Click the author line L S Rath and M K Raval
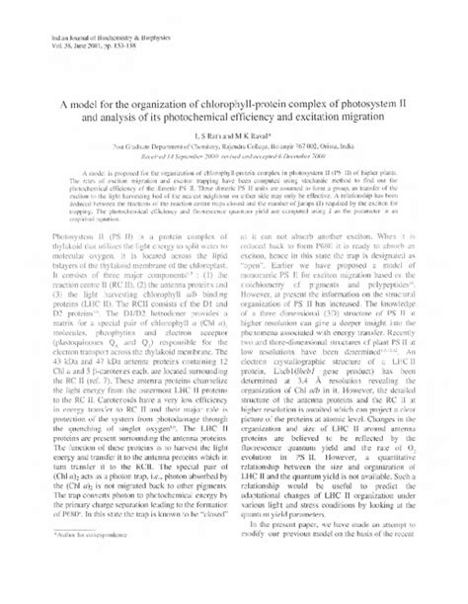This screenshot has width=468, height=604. click(x=235, y=163)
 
